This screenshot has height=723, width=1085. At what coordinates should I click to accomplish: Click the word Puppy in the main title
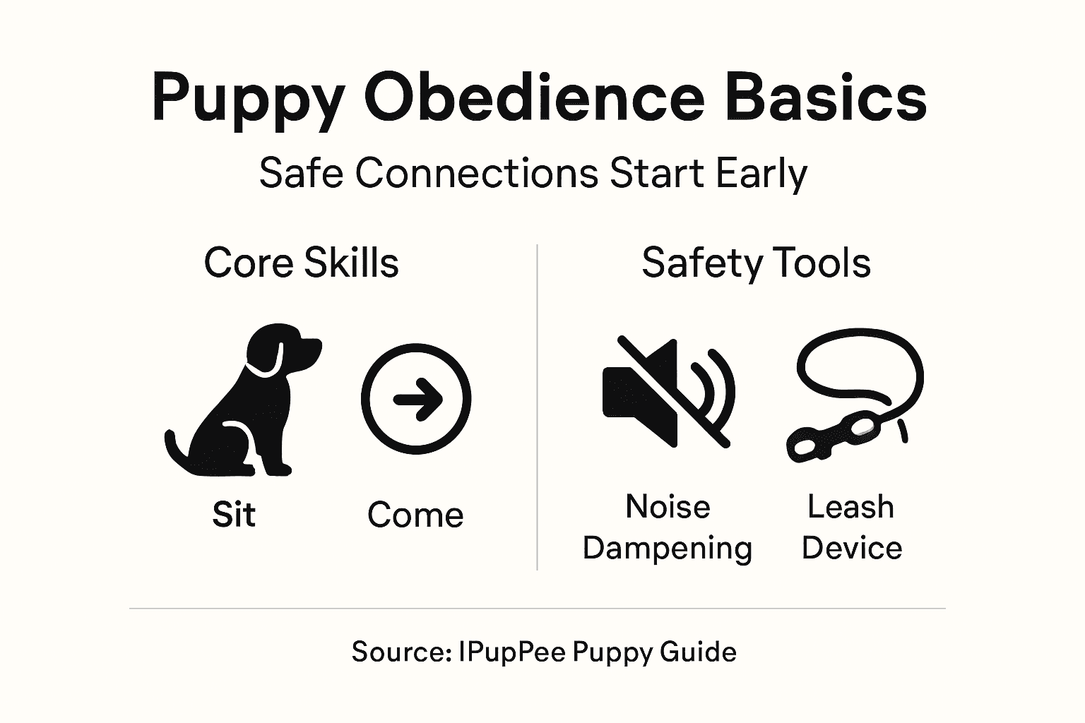(x=248, y=100)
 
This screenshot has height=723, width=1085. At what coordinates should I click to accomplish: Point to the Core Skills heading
(x=301, y=263)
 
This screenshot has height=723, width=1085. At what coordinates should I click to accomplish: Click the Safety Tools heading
(x=756, y=263)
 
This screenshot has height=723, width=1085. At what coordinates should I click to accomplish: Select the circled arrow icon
(x=416, y=399)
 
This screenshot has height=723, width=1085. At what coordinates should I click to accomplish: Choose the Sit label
(x=234, y=515)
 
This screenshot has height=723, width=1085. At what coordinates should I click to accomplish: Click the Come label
(x=415, y=515)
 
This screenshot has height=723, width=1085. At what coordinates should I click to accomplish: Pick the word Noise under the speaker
(x=668, y=507)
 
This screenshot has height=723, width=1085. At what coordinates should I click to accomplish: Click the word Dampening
(x=668, y=549)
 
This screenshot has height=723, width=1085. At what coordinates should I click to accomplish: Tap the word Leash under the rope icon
(x=850, y=507)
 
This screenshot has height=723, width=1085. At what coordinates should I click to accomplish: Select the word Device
(x=852, y=549)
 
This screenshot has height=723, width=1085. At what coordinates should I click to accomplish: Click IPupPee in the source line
(x=511, y=652)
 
